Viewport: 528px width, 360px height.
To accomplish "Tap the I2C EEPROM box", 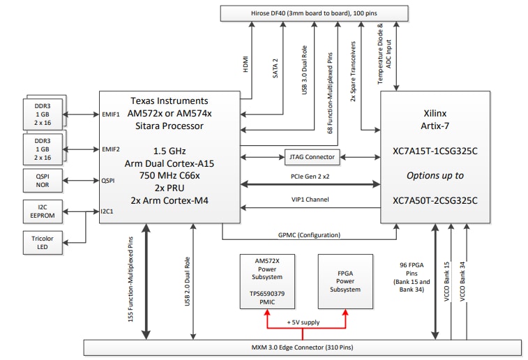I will pyautogui.click(x=43, y=210).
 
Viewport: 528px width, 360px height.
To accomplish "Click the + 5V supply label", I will pyautogui.click(x=305, y=323).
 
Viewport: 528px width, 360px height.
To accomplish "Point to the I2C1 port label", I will pyautogui.click(x=108, y=210).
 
